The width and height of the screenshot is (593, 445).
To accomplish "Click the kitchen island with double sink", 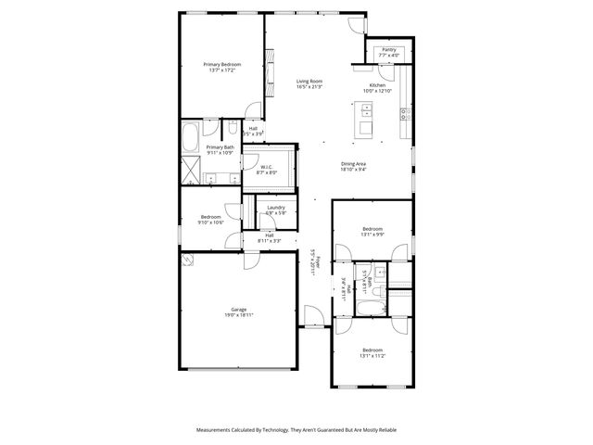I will coord(365,119).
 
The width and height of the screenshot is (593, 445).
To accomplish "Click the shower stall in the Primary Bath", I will coord(191,172).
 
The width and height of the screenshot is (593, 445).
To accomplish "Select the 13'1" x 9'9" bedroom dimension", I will coord(372,235).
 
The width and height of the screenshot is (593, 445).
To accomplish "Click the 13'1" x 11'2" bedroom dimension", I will coord(372,356).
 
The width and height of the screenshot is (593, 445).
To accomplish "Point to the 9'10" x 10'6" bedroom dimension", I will coord(210,222).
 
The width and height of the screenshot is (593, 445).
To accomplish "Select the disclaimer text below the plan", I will coord(296,430).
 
